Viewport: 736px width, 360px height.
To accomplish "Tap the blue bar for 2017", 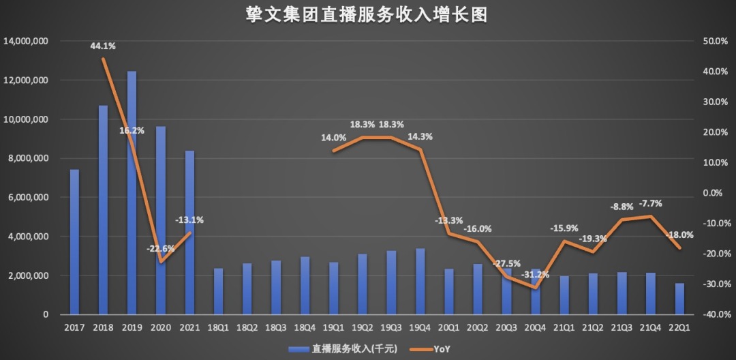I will point(74,242).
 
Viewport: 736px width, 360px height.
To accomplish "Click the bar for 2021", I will point(189,232).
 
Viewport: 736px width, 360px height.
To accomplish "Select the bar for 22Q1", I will point(679,299).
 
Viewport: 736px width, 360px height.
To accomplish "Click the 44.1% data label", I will point(103,46).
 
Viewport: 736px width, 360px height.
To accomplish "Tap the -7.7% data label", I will point(650,203).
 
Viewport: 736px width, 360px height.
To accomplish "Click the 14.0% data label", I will point(334,138).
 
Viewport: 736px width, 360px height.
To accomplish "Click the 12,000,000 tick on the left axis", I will point(26,80).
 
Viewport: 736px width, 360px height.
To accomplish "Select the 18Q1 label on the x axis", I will point(218,327).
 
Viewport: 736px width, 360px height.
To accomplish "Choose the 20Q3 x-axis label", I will point(506,327).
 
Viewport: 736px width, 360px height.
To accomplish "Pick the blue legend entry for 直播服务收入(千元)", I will point(337,349).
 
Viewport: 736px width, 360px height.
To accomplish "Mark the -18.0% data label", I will point(679,235).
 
